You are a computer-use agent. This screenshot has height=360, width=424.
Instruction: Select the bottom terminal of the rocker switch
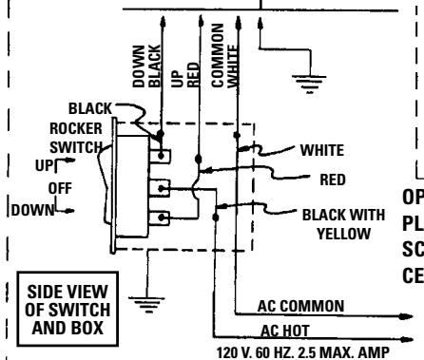point(163,218)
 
